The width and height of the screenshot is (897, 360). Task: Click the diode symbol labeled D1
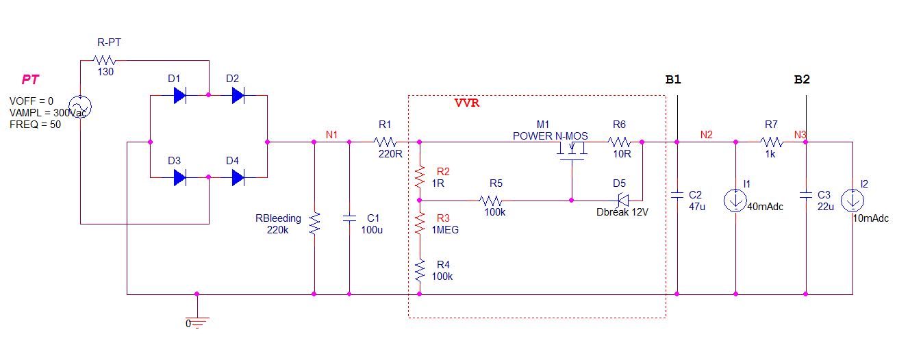pyautogui.click(x=179, y=96)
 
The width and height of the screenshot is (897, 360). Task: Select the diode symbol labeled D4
pyautogui.click(x=238, y=178)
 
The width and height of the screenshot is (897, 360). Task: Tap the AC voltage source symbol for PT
pyautogui.click(x=80, y=107)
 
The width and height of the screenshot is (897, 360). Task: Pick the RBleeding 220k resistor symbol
pyautogui.click(x=314, y=223)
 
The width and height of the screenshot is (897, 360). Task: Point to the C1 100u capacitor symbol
pyautogui.click(x=349, y=218)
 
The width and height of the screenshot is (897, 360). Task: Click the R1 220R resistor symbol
pyautogui.click(x=386, y=142)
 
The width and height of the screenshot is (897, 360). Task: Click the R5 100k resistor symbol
pyautogui.click(x=492, y=201)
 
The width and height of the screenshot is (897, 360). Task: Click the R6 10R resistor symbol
pyautogui.click(x=620, y=142)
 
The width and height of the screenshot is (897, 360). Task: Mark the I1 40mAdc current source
pyautogui.click(x=735, y=201)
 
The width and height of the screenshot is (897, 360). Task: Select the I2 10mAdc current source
pyautogui.click(x=852, y=201)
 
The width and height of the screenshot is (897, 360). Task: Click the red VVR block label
pyautogui.click(x=467, y=103)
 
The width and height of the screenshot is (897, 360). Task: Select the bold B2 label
pyautogui.click(x=801, y=80)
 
